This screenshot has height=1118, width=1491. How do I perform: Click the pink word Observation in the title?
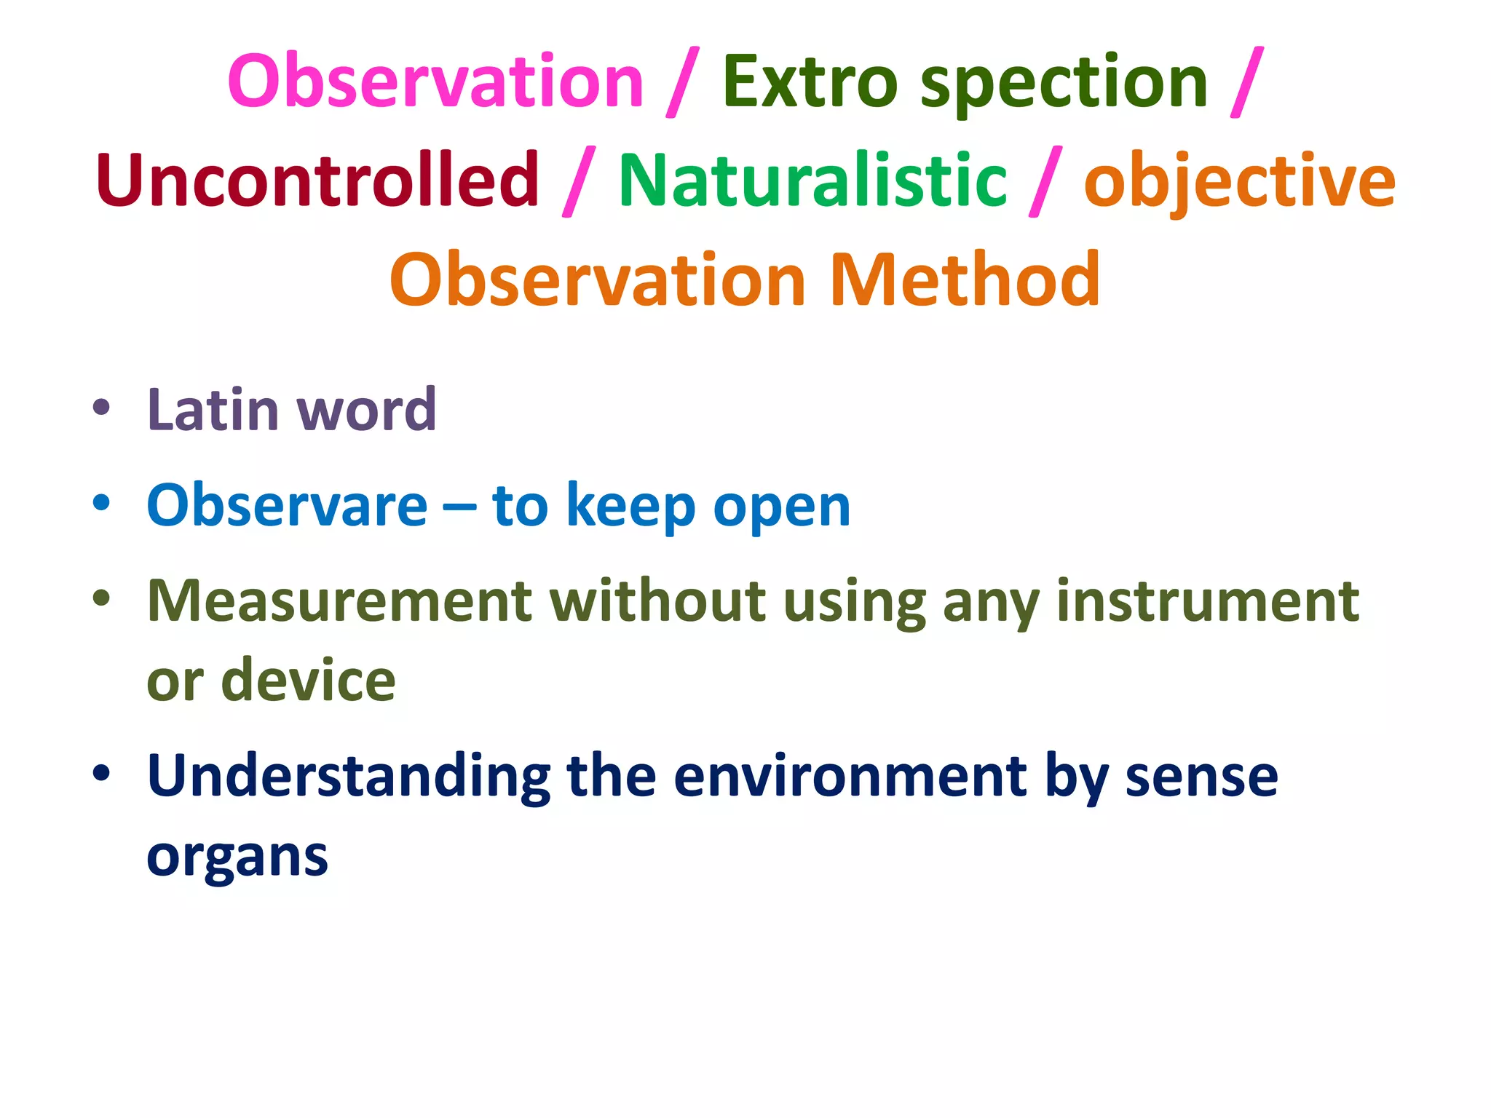435,82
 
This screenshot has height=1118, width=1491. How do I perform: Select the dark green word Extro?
809,82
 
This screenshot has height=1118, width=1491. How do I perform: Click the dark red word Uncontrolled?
317,180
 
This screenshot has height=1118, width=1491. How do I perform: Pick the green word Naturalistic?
812,180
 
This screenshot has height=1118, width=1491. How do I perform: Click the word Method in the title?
965,279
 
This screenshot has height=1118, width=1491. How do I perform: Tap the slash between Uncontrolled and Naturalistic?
579,181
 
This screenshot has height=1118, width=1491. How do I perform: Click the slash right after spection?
1247,82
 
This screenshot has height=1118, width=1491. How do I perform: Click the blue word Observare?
287,506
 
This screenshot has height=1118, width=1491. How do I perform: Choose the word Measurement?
340,601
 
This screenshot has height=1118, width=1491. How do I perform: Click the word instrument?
1207,601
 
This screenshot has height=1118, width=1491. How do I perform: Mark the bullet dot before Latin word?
101,408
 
